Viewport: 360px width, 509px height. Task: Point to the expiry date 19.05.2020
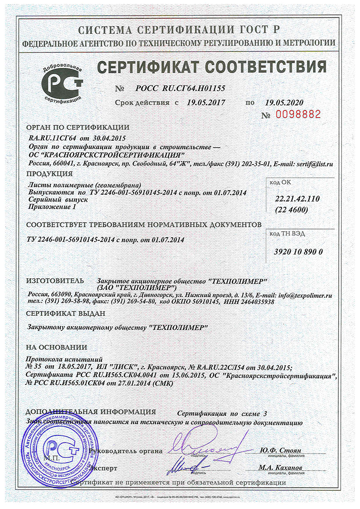[284, 103]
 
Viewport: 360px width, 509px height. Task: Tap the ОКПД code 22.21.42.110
[297, 199]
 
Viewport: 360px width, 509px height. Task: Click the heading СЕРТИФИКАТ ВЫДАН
[66, 313]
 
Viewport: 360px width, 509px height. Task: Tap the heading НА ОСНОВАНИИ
[56, 347]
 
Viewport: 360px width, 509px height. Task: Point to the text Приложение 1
[51, 207]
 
